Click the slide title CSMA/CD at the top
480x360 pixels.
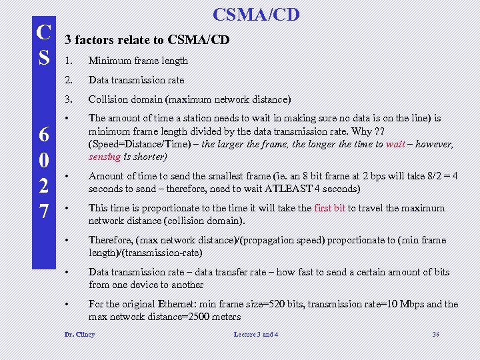coord(256,14)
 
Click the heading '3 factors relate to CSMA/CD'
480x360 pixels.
coord(147,40)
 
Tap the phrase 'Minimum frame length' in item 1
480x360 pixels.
coord(138,61)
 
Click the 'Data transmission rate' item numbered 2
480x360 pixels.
coord(136,80)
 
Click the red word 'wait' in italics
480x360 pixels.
coord(395,144)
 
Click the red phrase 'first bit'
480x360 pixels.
coord(329,208)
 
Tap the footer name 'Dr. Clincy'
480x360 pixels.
coord(79,334)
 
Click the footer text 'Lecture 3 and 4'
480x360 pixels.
coord(257,334)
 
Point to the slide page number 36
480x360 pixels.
coord(435,334)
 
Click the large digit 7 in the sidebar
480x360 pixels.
coord(43,211)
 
